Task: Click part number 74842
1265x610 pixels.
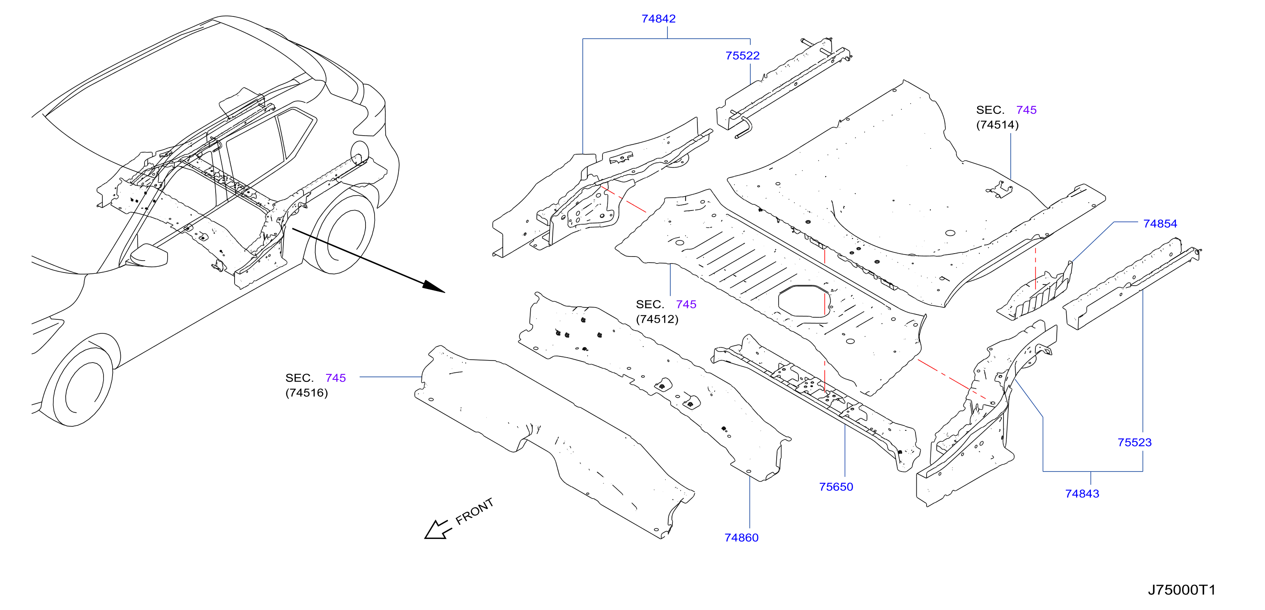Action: [658, 18]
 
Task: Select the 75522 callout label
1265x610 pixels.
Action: [742, 55]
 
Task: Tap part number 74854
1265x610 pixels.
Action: [1160, 224]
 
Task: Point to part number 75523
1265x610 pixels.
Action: [1134, 442]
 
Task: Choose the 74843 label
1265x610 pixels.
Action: [1082, 494]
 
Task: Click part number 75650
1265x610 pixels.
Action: [836, 487]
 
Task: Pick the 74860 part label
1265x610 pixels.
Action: [741, 538]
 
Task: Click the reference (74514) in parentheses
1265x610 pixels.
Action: [997, 125]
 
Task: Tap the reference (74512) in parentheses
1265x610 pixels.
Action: [657, 319]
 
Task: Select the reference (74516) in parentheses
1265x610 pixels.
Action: [306, 393]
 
